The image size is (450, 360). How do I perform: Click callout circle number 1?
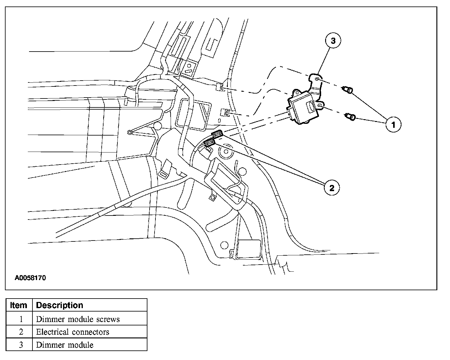[x=393, y=125]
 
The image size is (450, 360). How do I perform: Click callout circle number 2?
[x=332, y=187]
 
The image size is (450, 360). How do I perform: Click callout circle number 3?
[x=333, y=41]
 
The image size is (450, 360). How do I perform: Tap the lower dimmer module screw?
[x=350, y=117]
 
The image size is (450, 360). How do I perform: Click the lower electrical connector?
[x=210, y=142]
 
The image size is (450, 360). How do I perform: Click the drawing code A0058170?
[x=30, y=278]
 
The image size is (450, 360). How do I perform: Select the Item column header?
[x=19, y=305]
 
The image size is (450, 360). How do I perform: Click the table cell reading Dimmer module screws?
[x=78, y=319]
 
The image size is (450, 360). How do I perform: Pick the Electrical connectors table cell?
[x=73, y=332]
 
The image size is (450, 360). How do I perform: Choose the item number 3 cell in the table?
[x=21, y=345]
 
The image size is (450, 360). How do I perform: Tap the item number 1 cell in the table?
[x=21, y=319]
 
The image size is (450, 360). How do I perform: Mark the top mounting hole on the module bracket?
[x=317, y=79]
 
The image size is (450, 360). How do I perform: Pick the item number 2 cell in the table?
[x=21, y=332]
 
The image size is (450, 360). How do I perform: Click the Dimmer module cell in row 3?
[x=65, y=345]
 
